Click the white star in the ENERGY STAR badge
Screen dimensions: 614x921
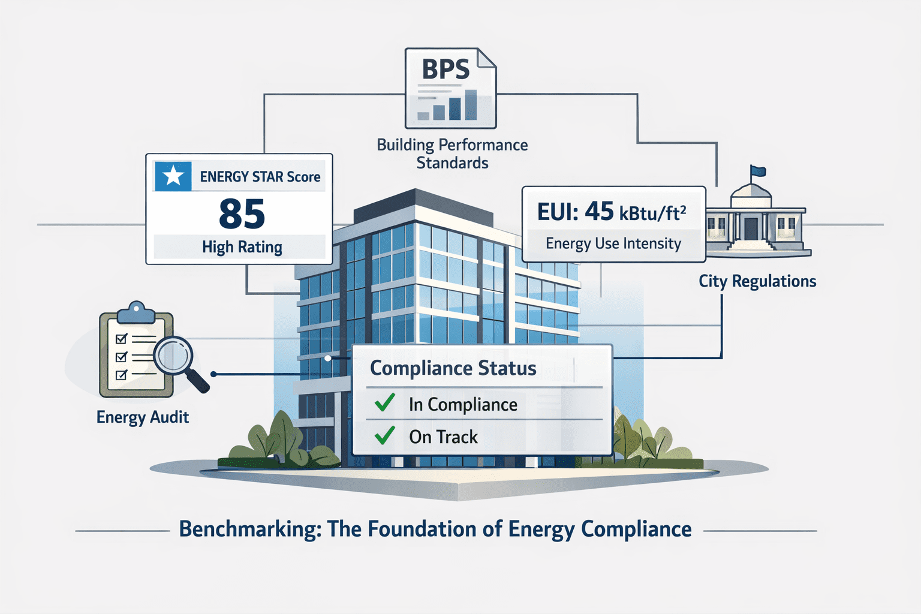(x=173, y=176)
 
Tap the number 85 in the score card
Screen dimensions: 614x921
(x=242, y=214)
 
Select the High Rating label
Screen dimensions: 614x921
(x=242, y=247)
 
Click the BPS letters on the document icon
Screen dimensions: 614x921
(x=446, y=70)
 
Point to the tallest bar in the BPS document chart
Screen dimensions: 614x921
(x=471, y=105)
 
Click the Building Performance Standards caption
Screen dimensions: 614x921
(x=452, y=153)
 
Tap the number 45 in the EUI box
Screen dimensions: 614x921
(x=599, y=211)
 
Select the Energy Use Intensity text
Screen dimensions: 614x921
(x=613, y=243)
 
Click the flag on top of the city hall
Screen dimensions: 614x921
(x=758, y=171)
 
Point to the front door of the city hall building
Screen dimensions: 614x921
(x=751, y=229)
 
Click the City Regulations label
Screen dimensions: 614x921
(x=757, y=281)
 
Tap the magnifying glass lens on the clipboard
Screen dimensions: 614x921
(x=173, y=356)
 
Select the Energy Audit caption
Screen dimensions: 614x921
(x=143, y=417)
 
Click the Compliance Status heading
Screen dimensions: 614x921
(x=453, y=368)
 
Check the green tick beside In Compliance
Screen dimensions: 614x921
(x=384, y=402)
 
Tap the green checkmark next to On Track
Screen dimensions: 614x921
(x=384, y=435)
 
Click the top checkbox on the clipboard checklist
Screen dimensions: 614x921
(x=121, y=339)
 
